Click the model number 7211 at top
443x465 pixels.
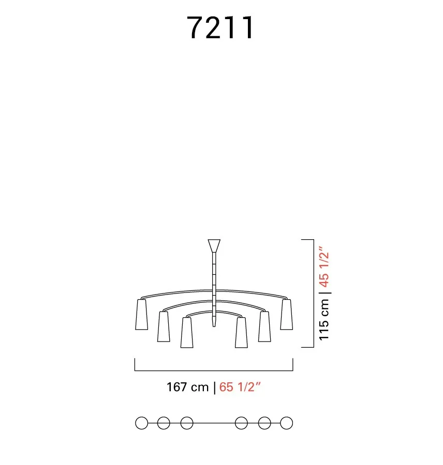point(220,27)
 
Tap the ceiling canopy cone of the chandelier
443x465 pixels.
point(214,246)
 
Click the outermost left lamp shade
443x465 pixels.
point(141,314)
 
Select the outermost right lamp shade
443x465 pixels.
point(286,314)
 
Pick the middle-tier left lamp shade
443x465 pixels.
point(164,327)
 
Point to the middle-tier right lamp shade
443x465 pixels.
point(264,327)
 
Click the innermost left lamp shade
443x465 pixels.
point(187,333)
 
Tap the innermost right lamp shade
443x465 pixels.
point(241,333)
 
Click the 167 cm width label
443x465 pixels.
point(187,387)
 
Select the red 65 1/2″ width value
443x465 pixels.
point(240,386)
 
